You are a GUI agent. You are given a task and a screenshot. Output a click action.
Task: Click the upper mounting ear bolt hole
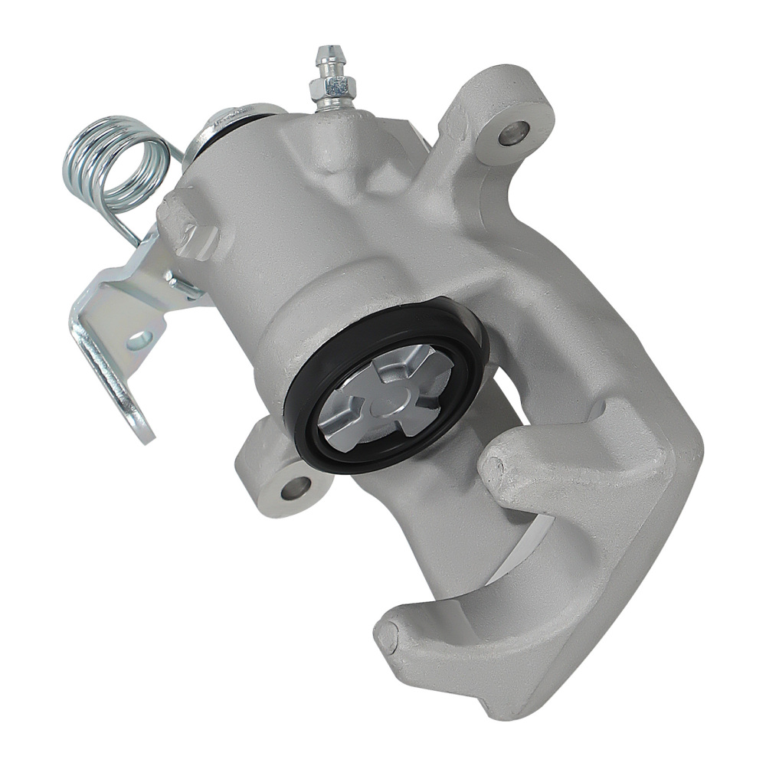[x=512, y=133]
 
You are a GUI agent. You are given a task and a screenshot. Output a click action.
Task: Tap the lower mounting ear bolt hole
[x=296, y=486]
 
